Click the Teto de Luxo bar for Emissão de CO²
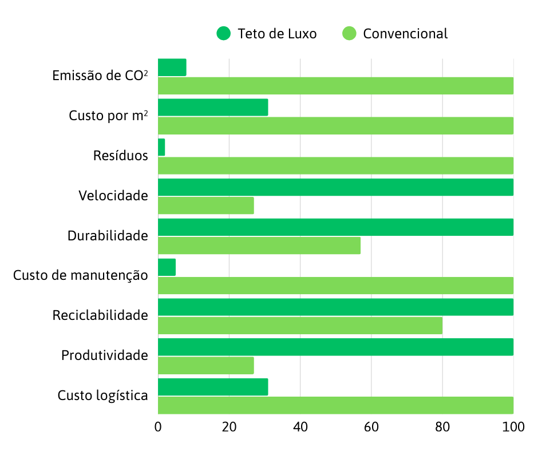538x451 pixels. tap(172, 68)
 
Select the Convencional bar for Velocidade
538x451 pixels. tap(205, 205)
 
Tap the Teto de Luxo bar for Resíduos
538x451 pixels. tap(161, 147)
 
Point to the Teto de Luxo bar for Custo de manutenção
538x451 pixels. tap(167, 267)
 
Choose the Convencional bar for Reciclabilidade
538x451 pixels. tap(300, 326)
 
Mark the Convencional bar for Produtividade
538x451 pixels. tap(205, 366)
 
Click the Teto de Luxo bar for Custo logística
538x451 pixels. tap(212, 387)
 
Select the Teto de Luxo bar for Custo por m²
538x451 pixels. tap(212, 108)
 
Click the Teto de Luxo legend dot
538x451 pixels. tap(223, 34)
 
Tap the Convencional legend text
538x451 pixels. tap(405, 34)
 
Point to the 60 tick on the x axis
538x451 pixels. tap(371, 427)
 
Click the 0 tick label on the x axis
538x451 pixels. tap(158, 427)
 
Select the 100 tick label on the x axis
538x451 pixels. tap(513, 427)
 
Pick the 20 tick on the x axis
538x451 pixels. tap(229, 427)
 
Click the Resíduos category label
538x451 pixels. tap(120, 156)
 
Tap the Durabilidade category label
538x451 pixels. tap(108, 236)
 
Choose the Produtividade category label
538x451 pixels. tap(105, 355)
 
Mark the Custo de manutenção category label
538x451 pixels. tap(81, 276)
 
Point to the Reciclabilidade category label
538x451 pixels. tap(100, 315)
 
